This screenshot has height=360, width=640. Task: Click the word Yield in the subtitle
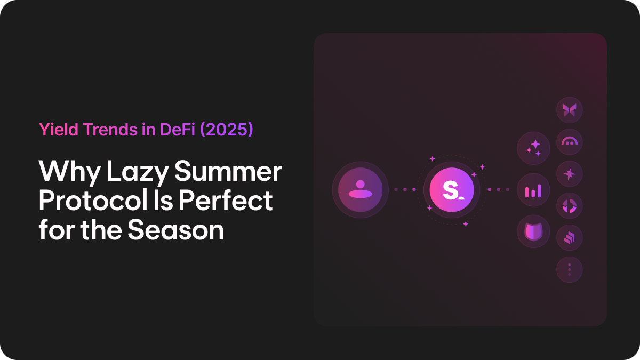pos(55,130)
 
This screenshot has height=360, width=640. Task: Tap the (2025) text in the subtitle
pos(226,130)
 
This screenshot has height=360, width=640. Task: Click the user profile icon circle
pos(357,189)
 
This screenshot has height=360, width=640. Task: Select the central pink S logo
pos(449,189)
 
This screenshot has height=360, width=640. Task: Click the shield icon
pos(533,232)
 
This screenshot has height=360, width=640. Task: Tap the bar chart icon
pos(533,190)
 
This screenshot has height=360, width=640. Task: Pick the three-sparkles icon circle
pos(533,148)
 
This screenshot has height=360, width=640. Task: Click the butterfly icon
pos(569,110)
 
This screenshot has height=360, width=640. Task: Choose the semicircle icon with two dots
pos(569,142)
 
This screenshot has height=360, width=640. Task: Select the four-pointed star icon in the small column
pos(569,174)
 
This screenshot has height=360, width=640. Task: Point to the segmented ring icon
pos(569,206)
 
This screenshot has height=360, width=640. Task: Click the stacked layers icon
pos(569,238)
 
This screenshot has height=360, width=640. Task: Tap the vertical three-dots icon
pos(569,270)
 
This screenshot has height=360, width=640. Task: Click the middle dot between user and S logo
pos(405,189)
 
